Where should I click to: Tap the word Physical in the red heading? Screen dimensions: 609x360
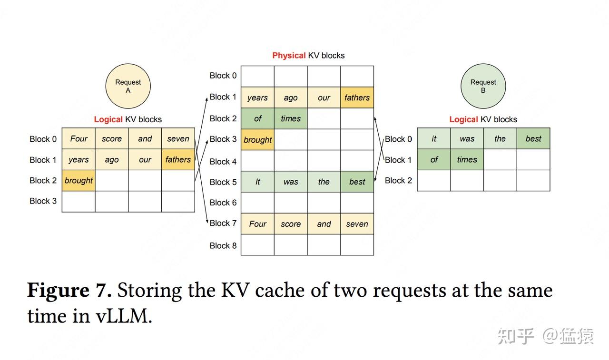pyautogui.click(x=289, y=56)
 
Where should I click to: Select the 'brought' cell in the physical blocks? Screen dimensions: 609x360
pyautogui.click(x=257, y=140)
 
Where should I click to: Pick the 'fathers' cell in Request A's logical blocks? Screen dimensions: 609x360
pyautogui.click(x=178, y=159)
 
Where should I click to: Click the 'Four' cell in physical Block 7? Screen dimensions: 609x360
pyautogui.click(x=257, y=224)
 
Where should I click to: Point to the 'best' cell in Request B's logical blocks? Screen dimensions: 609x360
pyautogui.click(x=533, y=138)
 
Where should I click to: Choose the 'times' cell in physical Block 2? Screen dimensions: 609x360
pyautogui.click(x=291, y=118)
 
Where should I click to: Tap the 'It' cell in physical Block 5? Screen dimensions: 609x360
pyautogui.click(x=257, y=182)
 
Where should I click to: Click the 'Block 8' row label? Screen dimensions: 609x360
pyautogui.click(x=223, y=245)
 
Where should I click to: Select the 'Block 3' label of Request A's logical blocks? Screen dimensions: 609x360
pyautogui.click(x=43, y=201)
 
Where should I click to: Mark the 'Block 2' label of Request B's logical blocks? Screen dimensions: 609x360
pyautogui.click(x=398, y=180)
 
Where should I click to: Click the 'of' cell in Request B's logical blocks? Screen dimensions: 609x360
pyautogui.click(x=434, y=159)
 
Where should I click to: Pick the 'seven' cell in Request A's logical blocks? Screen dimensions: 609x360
pyautogui.click(x=178, y=138)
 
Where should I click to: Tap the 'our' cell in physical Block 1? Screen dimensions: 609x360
pyautogui.click(x=324, y=97)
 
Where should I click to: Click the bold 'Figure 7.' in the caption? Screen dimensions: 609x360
pyautogui.click(x=69, y=290)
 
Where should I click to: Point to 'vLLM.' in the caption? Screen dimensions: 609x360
pyautogui.click(x=124, y=316)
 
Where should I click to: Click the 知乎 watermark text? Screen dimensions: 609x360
pyautogui.click(x=516, y=336)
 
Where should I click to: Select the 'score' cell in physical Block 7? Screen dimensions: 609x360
pyautogui.click(x=291, y=224)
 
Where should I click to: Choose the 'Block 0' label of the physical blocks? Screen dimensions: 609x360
pyautogui.click(x=223, y=76)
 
